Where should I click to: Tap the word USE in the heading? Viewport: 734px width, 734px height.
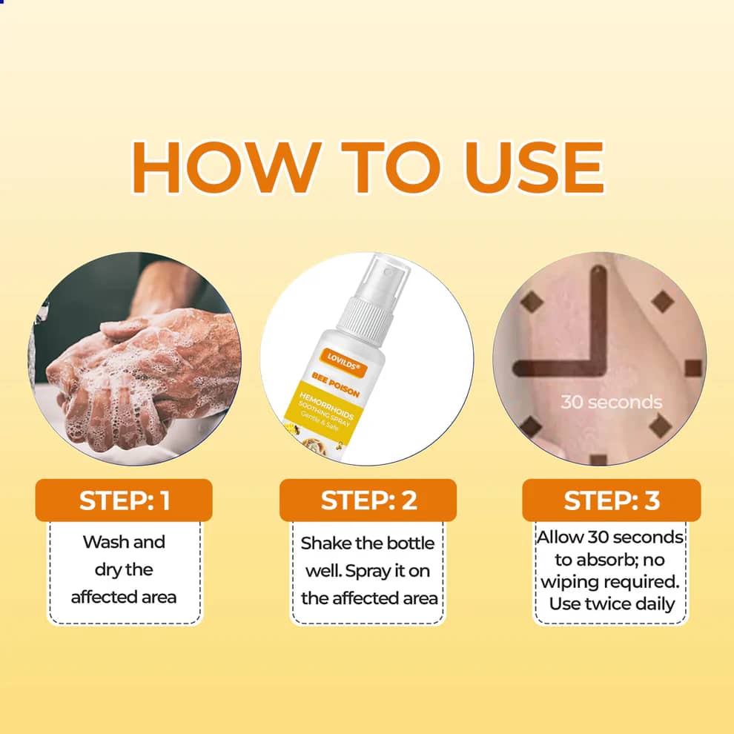click(x=533, y=167)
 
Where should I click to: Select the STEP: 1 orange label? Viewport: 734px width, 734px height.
click(x=124, y=500)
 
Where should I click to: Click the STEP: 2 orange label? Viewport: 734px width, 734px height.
click(x=368, y=500)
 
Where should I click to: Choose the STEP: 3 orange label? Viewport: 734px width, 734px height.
click(x=612, y=500)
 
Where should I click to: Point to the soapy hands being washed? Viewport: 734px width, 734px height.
click(x=140, y=374)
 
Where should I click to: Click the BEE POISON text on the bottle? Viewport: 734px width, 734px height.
click(x=336, y=385)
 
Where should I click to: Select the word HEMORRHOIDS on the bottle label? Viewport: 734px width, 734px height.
click(x=326, y=406)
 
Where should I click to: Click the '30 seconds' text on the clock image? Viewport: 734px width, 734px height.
click(x=612, y=402)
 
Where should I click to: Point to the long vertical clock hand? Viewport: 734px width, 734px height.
click(x=599, y=318)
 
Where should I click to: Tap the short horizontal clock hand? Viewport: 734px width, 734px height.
click(x=557, y=368)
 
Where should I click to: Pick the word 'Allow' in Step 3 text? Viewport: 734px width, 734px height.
click(x=561, y=537)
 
